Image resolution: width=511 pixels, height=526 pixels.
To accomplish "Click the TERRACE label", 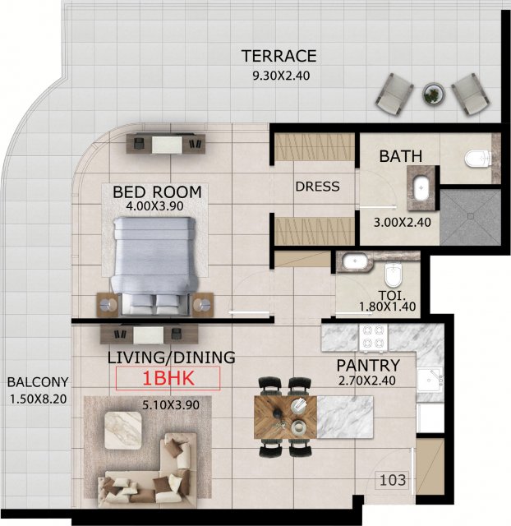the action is (x=279, y=56).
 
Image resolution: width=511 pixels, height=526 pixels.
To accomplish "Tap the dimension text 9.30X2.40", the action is (x=281, y=76).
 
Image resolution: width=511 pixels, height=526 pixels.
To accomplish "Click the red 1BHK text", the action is (x=168, y=378).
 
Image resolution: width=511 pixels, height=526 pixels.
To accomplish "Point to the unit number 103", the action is (x=393, y=480).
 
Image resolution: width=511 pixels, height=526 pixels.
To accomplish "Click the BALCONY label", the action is (x=38, y=382).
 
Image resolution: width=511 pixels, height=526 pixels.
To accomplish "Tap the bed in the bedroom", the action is (x=154, y=265).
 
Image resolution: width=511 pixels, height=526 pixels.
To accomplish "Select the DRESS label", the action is (x=317, y=187).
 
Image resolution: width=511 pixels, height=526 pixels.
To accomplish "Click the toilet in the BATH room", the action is (x=478, y=159).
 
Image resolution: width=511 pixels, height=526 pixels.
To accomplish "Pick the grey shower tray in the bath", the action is (x=470, y=217).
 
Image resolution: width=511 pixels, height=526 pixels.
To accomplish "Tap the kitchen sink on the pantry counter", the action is (x=430, y=380).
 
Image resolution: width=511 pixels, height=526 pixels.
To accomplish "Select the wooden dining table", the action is (x=285, y=417).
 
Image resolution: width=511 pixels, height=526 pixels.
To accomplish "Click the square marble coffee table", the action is (x=122, y=431).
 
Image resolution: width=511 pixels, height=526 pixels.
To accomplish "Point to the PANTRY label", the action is (x=368, y=365).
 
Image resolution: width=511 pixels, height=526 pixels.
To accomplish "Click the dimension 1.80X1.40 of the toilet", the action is (x=387, y=307).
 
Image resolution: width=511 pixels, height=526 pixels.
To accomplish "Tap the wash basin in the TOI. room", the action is (x=352, y=261).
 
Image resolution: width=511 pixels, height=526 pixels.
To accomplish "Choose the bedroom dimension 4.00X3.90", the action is (x=154, y=205).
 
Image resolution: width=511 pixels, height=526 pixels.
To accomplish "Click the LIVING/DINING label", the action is (x=171, y=358).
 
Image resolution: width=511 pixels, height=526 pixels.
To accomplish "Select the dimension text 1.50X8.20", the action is (x=38, y=399).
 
